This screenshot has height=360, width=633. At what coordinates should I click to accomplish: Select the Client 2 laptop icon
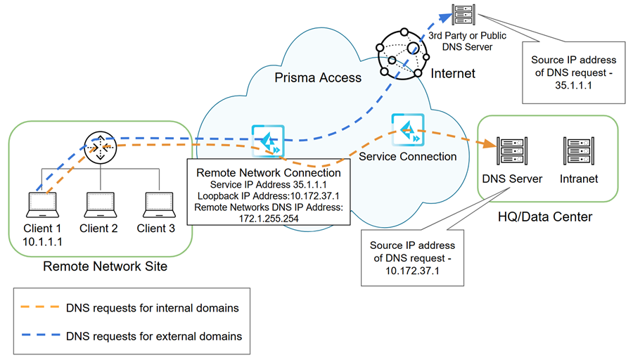[x=98, y=205]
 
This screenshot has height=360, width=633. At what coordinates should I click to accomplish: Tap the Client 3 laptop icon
[x=155, y=205]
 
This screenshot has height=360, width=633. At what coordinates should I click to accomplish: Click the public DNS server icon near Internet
[x=463, y=13]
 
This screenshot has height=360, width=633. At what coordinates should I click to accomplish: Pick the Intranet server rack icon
[x=578, y=151]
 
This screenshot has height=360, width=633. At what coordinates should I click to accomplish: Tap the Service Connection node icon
[x=406, y=128]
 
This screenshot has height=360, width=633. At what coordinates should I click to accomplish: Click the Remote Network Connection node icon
[x=268, y=141]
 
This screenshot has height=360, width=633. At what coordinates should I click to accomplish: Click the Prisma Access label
[x=318, y=78]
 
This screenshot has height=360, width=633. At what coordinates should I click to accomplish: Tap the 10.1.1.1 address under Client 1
[x=41, y=241]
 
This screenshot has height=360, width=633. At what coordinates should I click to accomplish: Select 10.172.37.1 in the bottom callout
[x=412, y=271]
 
